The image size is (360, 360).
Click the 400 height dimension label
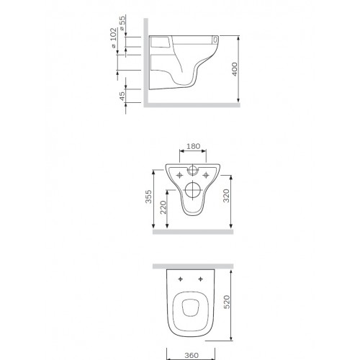tap(235, 69)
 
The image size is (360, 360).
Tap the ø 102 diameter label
tap(114, 38)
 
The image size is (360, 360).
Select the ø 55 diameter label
tap(122, 23)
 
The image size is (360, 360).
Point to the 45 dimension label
tap(122, 96)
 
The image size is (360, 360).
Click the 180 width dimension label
tap(193, 146)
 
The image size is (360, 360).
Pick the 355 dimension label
tap(148, 197)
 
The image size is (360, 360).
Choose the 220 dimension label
tap(163, 207)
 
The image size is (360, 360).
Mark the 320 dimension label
tap(226, 196)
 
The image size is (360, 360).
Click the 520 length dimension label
tap(227, 302)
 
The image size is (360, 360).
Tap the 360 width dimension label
tap(192, 355)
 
